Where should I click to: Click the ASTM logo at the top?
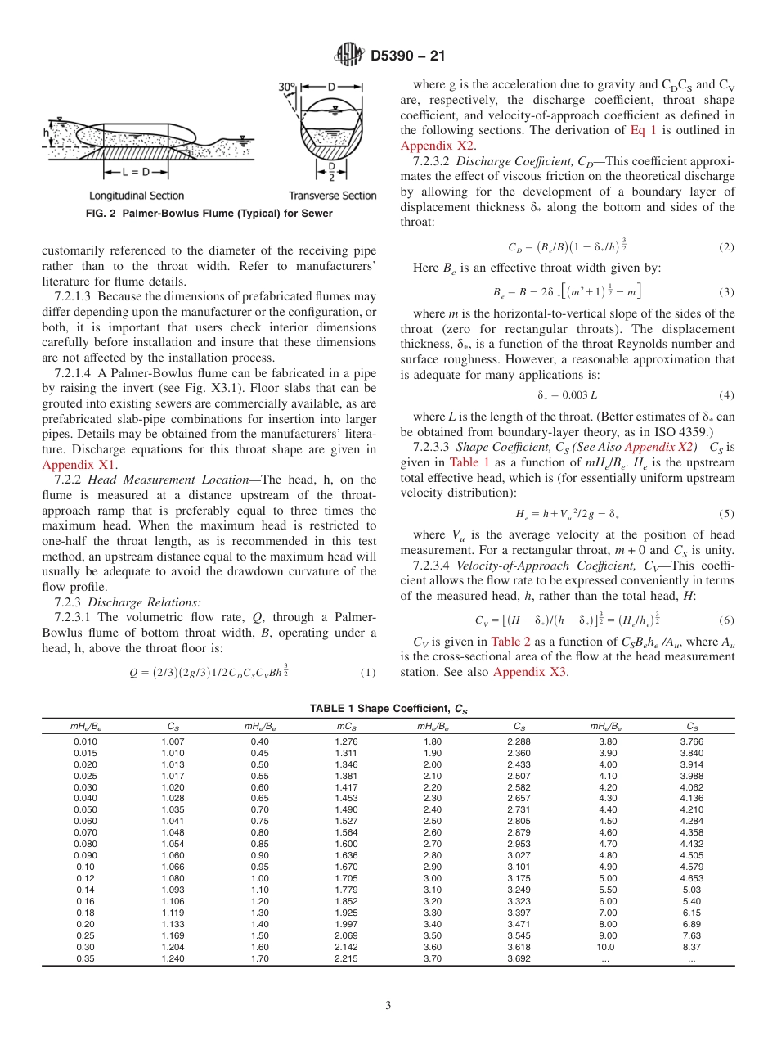click(x=349, y=56)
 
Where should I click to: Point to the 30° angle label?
click(x=287, y=86)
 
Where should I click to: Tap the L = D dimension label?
click(x=136, y=173)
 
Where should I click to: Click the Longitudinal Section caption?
click(x=137, y=196)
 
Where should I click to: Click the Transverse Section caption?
click(x=332, y=196)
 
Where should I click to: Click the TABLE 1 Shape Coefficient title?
click(x=388, y=708)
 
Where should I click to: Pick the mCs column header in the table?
click(x=345, y=725)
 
